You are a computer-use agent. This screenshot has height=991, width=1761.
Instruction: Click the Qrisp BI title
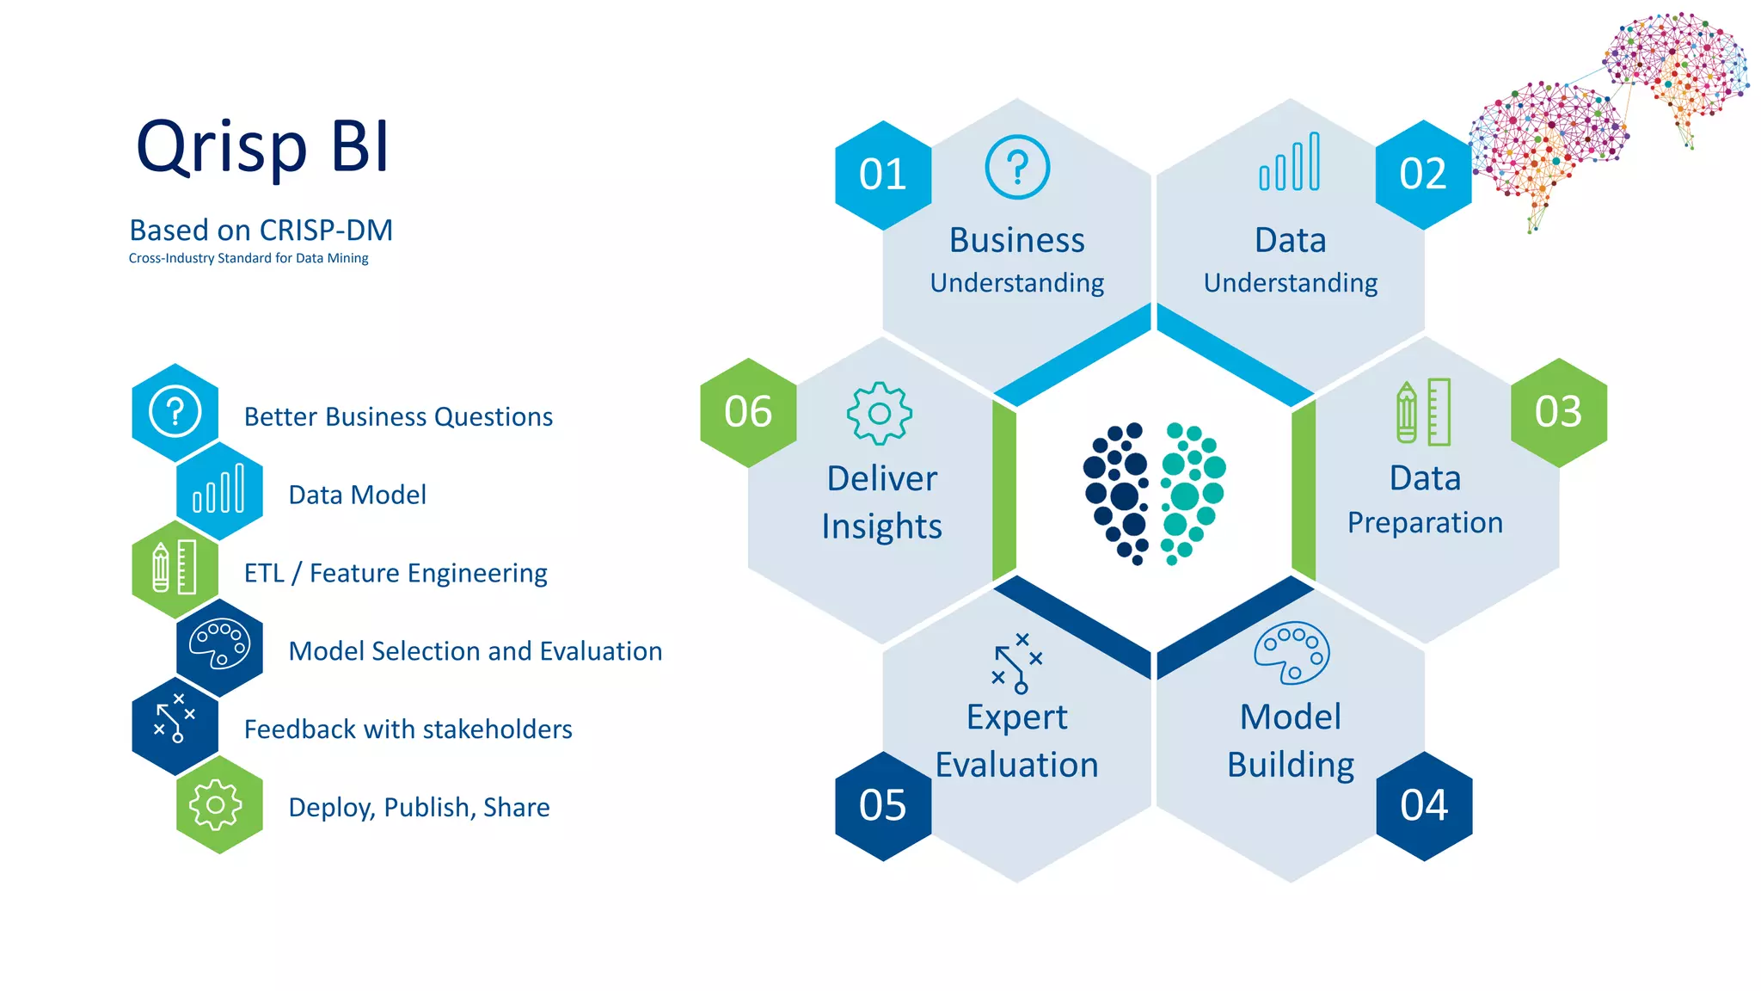tap(263, 147)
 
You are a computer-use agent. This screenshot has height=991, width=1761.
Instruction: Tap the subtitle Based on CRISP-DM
tap(261, 231)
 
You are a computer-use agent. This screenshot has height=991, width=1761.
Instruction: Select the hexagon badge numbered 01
tap(883, 175)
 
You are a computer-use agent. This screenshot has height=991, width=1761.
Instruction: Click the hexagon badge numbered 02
tap(1423, 175)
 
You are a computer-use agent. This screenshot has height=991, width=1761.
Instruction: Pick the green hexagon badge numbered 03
tap(1558, 412)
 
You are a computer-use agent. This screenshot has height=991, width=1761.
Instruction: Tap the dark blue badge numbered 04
tap(1424, 806)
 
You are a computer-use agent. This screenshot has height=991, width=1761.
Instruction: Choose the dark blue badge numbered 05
tap(883, 806)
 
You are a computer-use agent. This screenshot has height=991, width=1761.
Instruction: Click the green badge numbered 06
tap(748, 412)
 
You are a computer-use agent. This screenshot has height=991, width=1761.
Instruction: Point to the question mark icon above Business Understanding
tap(1017, 167)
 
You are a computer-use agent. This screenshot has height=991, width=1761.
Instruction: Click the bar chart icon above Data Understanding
tap(1290, 162)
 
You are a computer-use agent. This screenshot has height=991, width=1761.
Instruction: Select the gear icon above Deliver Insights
tap(880, 414)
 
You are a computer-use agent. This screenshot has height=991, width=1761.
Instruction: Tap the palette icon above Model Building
tap(1292, 653)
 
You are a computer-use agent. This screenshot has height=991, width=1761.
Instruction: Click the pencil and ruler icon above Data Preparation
tap(1424, 413)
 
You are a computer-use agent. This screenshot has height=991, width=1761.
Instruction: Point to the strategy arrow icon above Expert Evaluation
tap(1017, 663)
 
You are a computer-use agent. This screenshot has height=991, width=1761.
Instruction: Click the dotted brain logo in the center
tap(1154, 493)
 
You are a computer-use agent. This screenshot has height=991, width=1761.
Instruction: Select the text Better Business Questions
tap(398, 417)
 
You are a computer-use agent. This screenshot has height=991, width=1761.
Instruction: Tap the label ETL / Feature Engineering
tap(396, 574)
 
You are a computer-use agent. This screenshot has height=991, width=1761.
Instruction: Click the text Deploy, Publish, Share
tap(419, 808)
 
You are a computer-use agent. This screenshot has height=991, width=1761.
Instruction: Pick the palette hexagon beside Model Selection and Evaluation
tap(219, 648)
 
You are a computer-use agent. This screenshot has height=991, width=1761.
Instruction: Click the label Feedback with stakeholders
tap(408, 729)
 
